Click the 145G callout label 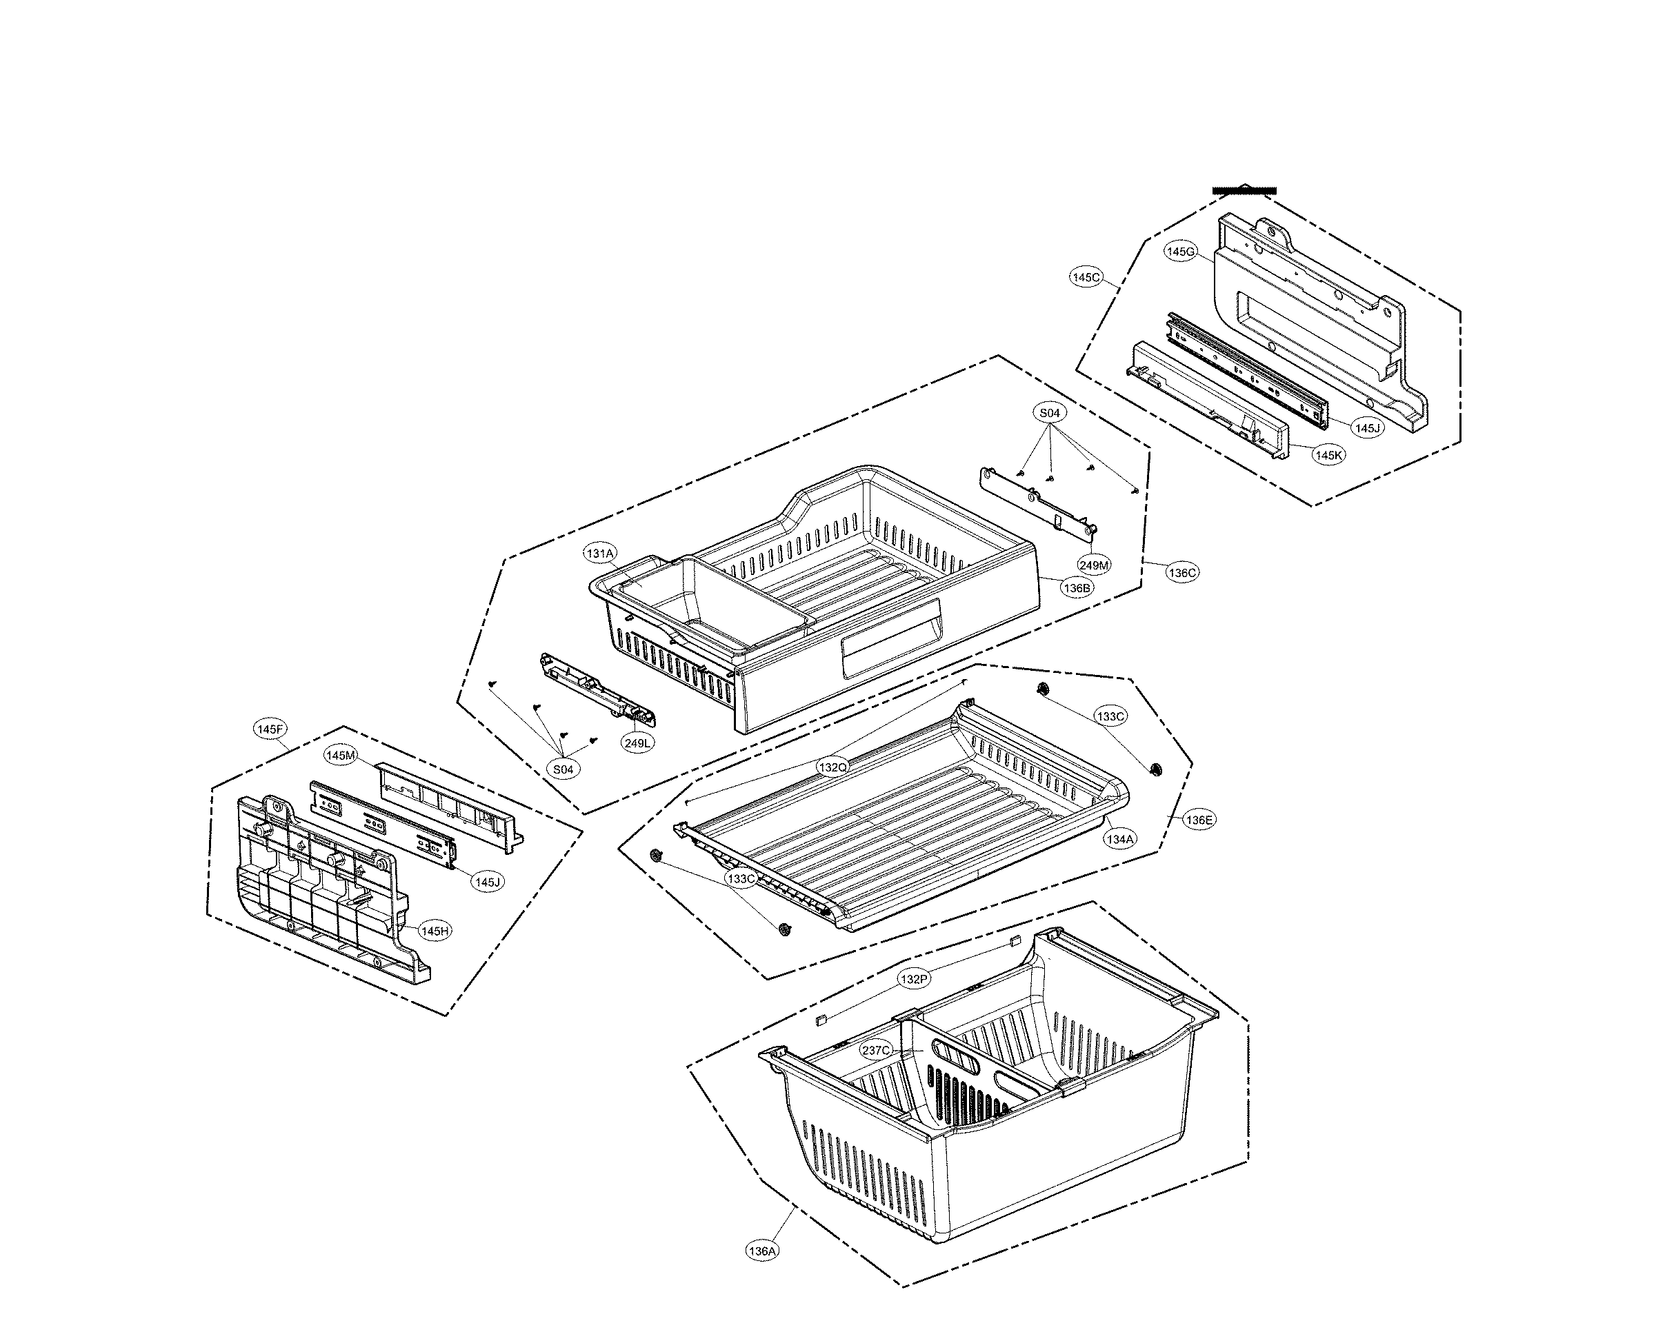coord(1181,251)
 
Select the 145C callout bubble coord(1086,277)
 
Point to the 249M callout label coord(1094,565)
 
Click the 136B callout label coord(1076,588)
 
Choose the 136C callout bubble coord(1181,573)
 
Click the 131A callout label coord(600,554)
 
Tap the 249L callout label coord(637,743)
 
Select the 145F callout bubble coord(270,729)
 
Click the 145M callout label coord(341,756)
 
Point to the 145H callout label coord(435,931)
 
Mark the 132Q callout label coord(832,767)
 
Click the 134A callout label coord(1119,840)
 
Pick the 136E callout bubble coord(1199,820)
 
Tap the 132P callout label coord(914,979)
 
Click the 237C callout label coord(877,1051)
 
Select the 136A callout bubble coord(762,1251)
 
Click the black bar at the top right coord(1244,190)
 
